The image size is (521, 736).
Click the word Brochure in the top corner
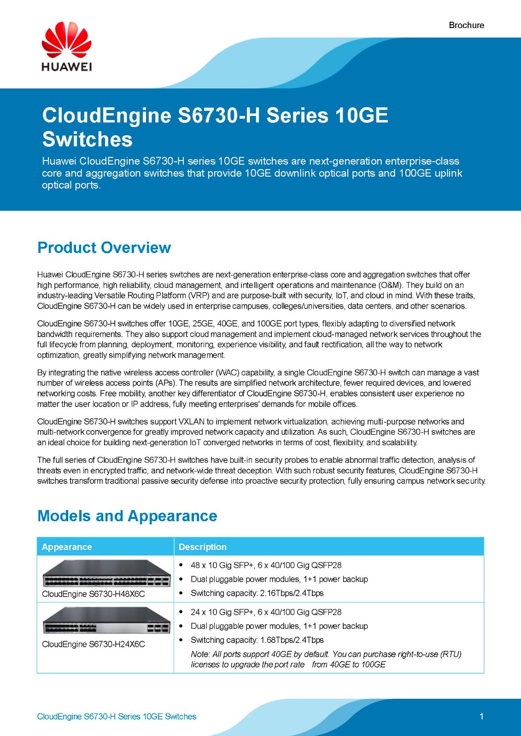pos(466,25)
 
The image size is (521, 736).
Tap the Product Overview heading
pos(104,247)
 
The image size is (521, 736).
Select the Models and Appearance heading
pos(127,516)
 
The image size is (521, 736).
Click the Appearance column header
pos(67,547)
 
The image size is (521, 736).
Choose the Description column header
pos(203,547)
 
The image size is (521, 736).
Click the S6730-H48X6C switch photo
pos(106,573)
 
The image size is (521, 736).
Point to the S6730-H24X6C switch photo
pos(106,620)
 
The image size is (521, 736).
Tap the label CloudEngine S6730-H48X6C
pos(94,594)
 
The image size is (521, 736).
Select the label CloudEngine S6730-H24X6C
pos(94,644)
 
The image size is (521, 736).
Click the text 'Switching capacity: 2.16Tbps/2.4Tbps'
pos(257,593)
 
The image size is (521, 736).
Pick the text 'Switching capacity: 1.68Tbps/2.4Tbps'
pos(257,640)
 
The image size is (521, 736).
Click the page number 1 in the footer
pos(481,716)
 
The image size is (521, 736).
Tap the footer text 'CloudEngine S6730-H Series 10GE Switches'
pos(117,717)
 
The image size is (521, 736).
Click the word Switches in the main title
pos(88,139)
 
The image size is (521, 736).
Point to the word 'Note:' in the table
pos(200,654)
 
